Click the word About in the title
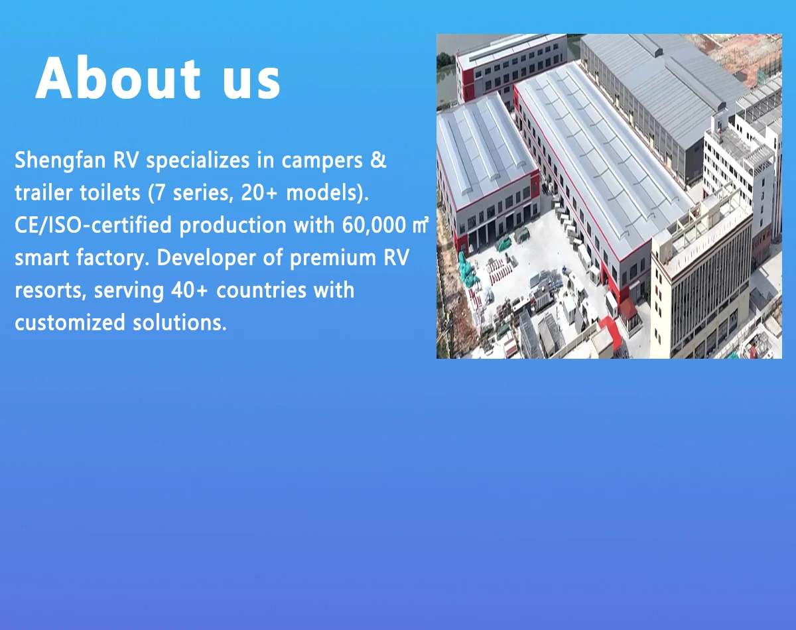click(x=118, y=78)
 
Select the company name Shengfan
click(x=60, y=161)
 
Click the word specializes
click(x=198, y=161)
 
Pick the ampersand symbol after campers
click(x=378, y=160)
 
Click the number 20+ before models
click(x=259, y=193)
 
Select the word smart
click(x=42, y=258)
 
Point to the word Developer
click(x=206, y=258)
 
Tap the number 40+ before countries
click(x=190, y=290)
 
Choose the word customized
click(x=70, y=322)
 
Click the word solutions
click(x=180, y=322)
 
